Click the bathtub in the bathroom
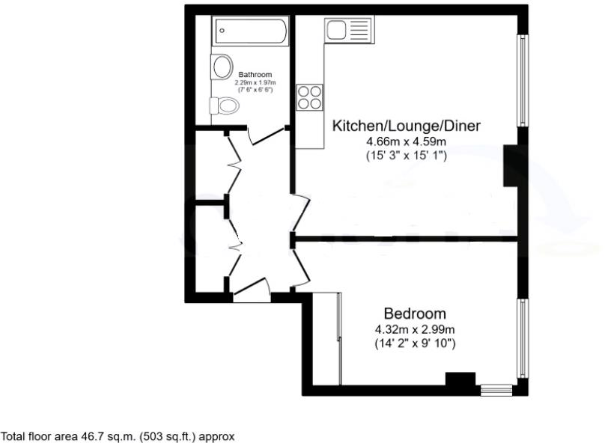click(250, 31)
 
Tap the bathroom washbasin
click(222, 67)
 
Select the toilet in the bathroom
click(225, 106)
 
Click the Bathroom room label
click(255, 75)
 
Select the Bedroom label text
click(415, 313)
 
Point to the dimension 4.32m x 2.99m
click(416, 329)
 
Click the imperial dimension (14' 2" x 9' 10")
click(416, 343)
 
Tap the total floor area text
click(118, 435)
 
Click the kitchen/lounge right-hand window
click(523, 79)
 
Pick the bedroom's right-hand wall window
click(523, 337)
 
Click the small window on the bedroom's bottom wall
click(496, 389)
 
